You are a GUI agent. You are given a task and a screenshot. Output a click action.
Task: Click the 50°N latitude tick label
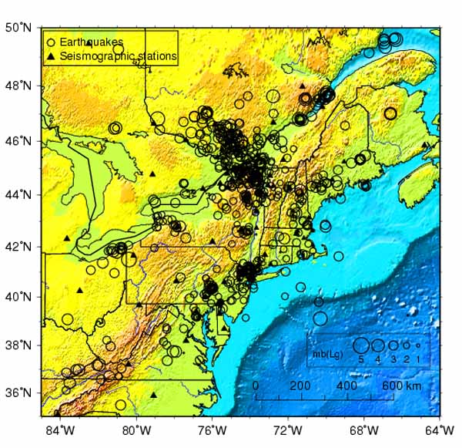pyautogui.click(x=23, y=28)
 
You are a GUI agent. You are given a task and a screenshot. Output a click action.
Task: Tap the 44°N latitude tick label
pyautogui.click(x=23, y=194)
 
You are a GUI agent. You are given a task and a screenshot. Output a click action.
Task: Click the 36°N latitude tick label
pyautogui.click(x=23, y=393)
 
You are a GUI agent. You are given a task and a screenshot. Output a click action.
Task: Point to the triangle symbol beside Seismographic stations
pyautogui.click(x=51, y=56)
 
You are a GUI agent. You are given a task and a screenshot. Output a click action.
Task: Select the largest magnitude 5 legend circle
pyautogui.click(x=360, y=345)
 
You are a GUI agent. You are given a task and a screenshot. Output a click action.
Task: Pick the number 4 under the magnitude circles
pyautogui.click(x=378, y=359)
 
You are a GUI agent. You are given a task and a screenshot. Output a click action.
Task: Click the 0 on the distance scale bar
pyautogui.click(x=256, y=385)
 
